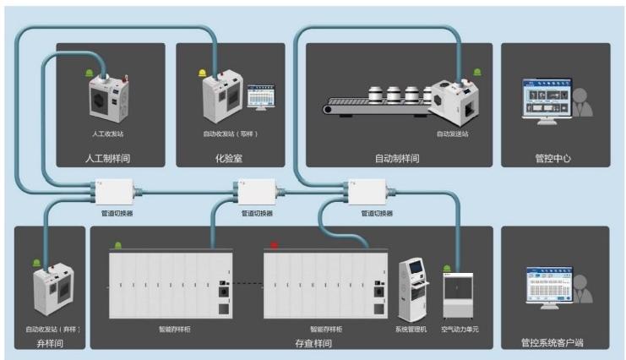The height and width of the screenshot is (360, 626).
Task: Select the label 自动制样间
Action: [x=397, y=158]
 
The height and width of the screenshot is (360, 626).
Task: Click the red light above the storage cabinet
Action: [x=274, y=246]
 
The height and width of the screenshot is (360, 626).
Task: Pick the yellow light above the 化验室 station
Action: [x=202, y=73]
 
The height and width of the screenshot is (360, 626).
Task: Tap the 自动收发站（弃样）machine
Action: [x=52, y=290]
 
